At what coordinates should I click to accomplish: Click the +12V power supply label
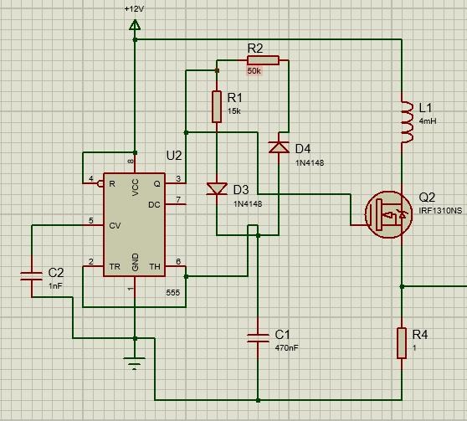coord(134,9)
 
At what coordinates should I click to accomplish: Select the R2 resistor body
coord(263,60)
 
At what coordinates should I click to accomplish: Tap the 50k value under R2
coord(254,71)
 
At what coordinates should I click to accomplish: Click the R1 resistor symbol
coord(217,106)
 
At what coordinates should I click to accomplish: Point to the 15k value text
coord(234,111)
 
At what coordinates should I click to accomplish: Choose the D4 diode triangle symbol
coord(279,147)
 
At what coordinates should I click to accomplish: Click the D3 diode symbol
coord(217,189)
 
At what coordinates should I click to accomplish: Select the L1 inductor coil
coord(407,121)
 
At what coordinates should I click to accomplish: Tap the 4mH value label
coord(428,121)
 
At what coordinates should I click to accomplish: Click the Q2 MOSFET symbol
coord(388,214)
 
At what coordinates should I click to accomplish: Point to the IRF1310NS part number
coord(440,211)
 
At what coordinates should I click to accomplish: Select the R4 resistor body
coord(402,343)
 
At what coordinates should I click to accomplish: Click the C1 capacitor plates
coord(258,338)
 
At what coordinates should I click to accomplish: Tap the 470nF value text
coord(286,347)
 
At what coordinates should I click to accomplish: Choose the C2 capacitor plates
coord(31,276)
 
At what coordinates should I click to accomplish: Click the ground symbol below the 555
coord(135,363)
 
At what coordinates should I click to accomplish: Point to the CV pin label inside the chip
coord(115,225)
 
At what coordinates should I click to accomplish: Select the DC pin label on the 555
coord(154,205)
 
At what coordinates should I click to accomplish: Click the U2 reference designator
coord(174,156)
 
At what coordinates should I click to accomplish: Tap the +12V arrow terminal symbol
coord(135,25)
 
